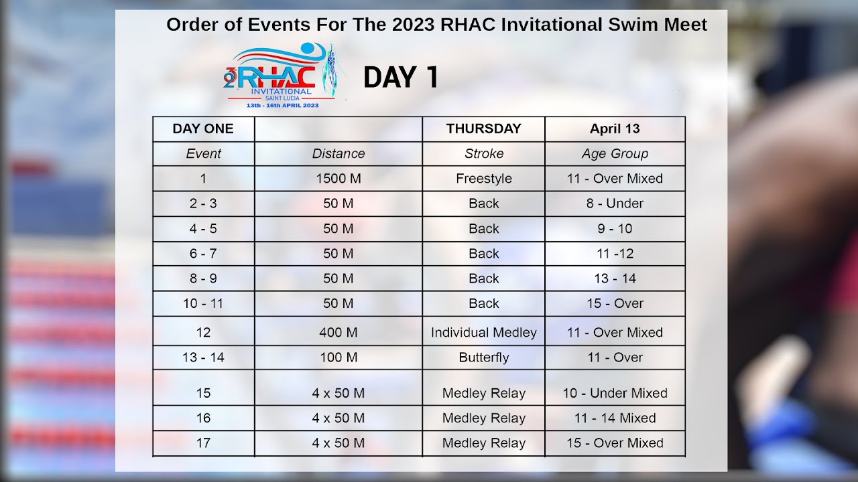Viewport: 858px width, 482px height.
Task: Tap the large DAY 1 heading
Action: [401, 78]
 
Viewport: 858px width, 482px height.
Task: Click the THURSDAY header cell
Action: [483, 129]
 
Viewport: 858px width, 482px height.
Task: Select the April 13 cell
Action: [615, 129]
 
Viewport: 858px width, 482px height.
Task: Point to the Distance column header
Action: [339, 153]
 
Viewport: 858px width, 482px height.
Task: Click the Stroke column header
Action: [483, 153]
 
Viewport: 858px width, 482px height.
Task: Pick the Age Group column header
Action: [615, 153]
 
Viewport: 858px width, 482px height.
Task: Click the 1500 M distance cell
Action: [339, 179]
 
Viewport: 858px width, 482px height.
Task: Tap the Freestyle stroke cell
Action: [483, 179]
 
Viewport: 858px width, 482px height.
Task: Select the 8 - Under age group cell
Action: [615, 204]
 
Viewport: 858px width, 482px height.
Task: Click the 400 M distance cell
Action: [339, 332]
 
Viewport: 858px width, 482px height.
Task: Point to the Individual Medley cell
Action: [483, 332]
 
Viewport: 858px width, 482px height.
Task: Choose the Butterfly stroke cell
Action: [483, 357]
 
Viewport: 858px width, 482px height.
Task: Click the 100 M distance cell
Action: [339, 357]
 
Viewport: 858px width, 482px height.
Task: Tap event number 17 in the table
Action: [203, 443]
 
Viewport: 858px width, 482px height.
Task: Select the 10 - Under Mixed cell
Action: [615, 393]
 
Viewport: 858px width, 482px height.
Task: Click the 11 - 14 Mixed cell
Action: [615, 418]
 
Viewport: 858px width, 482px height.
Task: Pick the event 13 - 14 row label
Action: [203, 357]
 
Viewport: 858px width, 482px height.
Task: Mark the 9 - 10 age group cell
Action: [615, 228]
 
